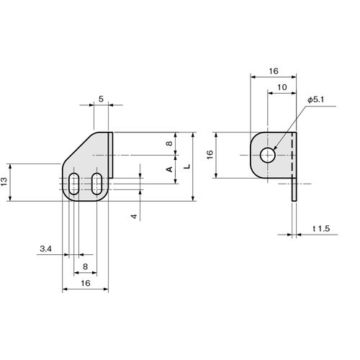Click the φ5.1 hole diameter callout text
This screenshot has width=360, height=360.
[316, 100]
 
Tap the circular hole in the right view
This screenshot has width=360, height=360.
[267, 156]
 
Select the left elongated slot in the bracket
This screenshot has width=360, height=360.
[73, 184]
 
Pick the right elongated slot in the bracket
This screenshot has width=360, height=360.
[96, 184]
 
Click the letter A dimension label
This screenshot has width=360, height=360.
[169, 169]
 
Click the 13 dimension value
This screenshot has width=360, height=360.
[4, 181]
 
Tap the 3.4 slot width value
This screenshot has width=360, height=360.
[45, 249]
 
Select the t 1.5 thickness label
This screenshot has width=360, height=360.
[321, 228]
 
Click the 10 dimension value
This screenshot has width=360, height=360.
[282, 87]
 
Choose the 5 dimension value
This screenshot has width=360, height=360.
[101, 99]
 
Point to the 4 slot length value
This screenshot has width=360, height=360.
[134, 216]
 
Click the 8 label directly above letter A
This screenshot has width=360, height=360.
[169, 143]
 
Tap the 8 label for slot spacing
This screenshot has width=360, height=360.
[86, 266]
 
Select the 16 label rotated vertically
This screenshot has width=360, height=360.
[210, 154]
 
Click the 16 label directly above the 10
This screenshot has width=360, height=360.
[274, 71]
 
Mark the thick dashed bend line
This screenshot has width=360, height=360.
[292, 155]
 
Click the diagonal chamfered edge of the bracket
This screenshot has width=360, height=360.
[78, 147]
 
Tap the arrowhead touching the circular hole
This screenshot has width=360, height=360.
[275, 148]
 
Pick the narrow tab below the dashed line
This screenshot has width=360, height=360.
[294, 189]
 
